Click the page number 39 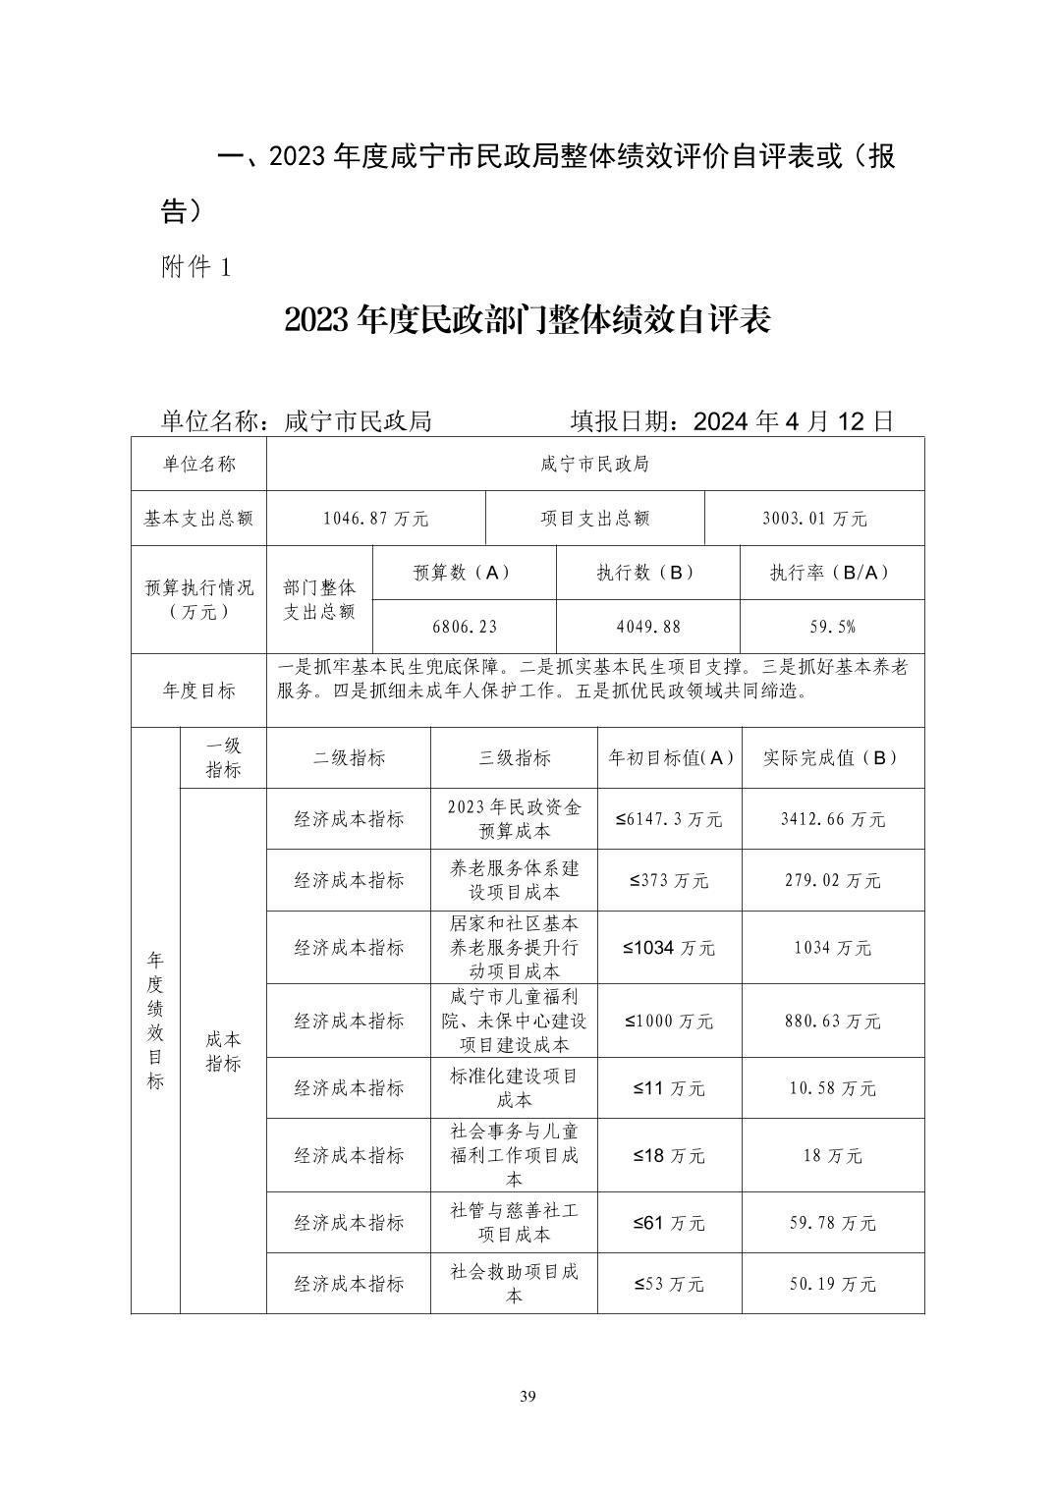click(x=527, y=1397)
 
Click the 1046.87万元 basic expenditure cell click(x=375, y=519)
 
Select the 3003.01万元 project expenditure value click(x=814, y=519)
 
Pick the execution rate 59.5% click(x=831, y=627)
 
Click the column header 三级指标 click(x=514, y=758)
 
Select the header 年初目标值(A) click(x=670, y=758)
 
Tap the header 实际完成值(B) click(x=832, y=758)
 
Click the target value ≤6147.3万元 click(x=669, y=819)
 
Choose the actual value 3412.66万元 click(x=832, y=819)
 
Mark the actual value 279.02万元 click(x=832, y=881)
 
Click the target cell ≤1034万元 click(x=669, y=948)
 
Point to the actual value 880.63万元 click(x=832, y=1022)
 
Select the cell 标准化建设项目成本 click(x=514, y=1087)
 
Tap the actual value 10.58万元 click(x=832, y=1088)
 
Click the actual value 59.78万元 click(x=832, y=1223)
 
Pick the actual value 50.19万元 click(x=832, y=1284)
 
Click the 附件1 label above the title click(x=195, y=267)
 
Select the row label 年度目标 click(x=198, y=691)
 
